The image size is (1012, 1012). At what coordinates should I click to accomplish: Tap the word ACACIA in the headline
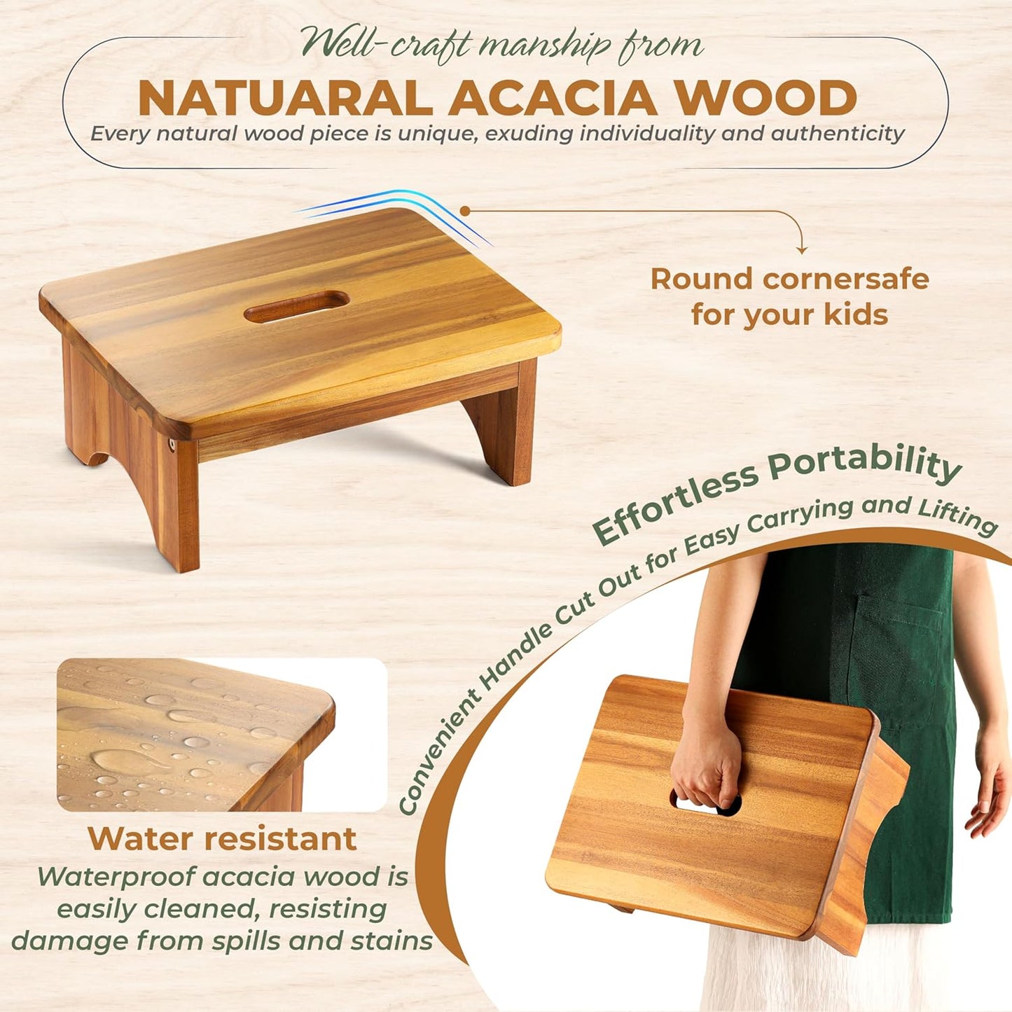[552, 98]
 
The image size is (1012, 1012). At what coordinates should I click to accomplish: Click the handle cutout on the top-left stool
[296, 307]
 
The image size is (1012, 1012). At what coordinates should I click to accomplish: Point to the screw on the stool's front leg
[171, 444]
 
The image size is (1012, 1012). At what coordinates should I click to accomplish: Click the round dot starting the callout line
[464, 210]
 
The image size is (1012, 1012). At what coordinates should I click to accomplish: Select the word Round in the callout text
[702, 279]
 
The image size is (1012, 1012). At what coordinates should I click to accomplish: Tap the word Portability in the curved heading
[865, 464]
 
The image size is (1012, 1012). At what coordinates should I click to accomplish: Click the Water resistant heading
[222, 838]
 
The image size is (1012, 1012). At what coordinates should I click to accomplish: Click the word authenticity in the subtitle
[838, 133]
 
